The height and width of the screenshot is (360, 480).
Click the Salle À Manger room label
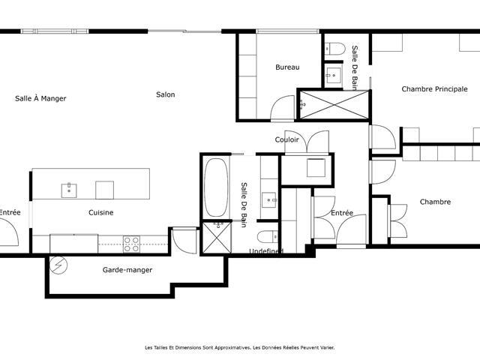coord(40,98)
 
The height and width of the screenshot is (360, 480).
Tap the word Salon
coord(166,94)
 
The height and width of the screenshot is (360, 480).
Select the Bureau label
coord(287,67)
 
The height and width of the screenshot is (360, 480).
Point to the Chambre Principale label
coord(435,89)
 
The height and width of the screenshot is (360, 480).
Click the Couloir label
coord(286,140)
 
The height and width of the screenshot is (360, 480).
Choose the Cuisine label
coord(101,212)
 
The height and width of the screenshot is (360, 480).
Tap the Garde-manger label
coord(127,270)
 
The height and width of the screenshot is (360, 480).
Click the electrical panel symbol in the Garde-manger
coord(58,265)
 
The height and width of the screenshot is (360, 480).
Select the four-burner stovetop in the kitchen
coord(132,244)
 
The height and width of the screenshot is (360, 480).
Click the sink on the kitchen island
coord(69,190)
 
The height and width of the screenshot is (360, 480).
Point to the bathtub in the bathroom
coord(216,187)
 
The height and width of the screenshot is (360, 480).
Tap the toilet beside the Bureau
coord(335,48)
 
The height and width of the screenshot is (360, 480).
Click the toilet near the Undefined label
coord(268,237)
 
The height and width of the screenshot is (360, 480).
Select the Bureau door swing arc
coord(283,107)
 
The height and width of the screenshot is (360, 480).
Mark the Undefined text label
coord(266,251)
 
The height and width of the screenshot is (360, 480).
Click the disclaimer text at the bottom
coord(240,348)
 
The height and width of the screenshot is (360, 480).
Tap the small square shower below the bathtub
coord(217,238)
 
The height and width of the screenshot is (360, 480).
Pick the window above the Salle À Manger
coord(55,31)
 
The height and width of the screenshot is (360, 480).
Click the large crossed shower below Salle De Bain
coord(334,105)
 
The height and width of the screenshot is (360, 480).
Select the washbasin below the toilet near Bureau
coord(333,75)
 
